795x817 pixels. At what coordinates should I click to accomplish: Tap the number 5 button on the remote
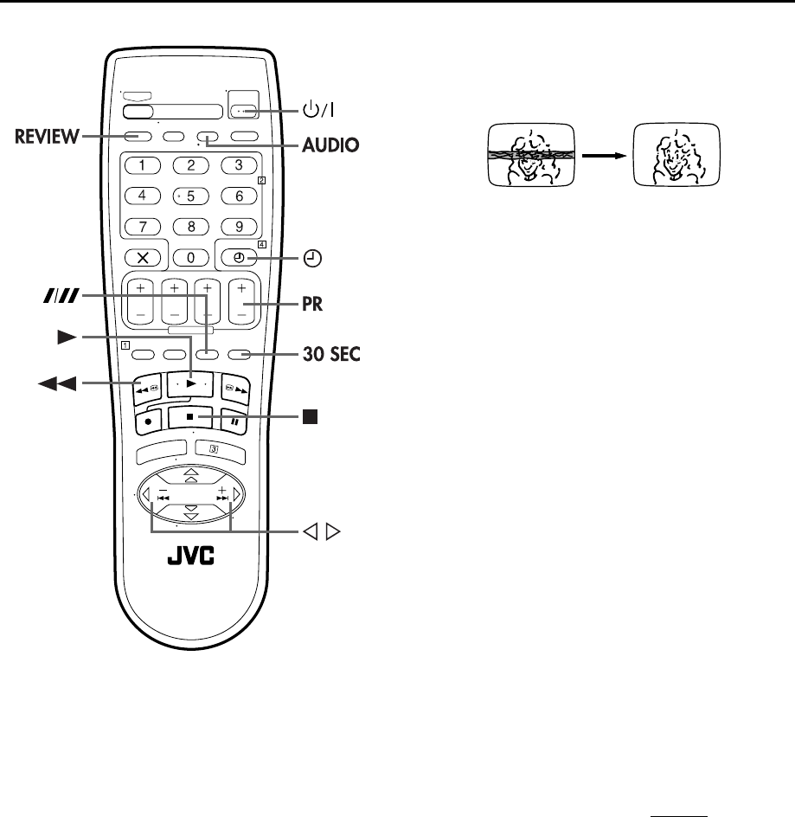[192, 196]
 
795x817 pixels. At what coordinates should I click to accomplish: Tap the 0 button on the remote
[192, 257]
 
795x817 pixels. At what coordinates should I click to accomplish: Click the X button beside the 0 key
[141, 257]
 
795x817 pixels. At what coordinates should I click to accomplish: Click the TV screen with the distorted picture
[529, 154]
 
